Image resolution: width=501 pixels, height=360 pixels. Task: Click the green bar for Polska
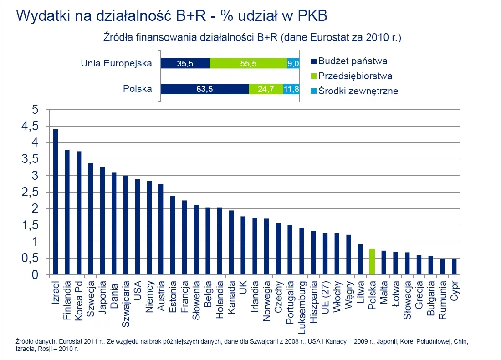tap(372, 262)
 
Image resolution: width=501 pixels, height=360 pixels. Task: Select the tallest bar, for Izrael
tap(56, 202)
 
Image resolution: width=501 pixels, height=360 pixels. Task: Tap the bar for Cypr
tap(454, 267)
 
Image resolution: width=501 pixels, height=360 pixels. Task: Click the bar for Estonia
tap(173, 235)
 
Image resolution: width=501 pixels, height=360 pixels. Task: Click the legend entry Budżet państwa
tap(353, 61)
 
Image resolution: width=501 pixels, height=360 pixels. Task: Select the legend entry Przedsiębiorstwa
tap(355, 76)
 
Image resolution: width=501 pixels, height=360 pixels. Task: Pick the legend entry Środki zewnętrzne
tap(358, 91)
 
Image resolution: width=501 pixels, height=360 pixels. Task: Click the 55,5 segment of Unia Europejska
tap(248, 64)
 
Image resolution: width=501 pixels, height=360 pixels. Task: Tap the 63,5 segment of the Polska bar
tap(204, 89)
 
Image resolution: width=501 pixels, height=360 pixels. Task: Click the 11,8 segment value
tap(291, 89)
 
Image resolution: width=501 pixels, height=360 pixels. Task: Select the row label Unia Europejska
tap(116, 63)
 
